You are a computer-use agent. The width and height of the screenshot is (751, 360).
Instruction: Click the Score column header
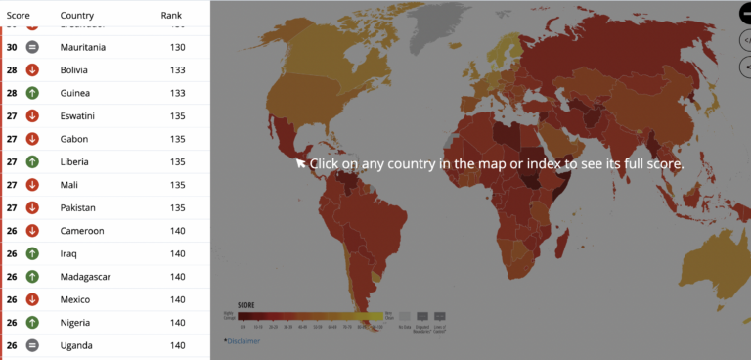18,16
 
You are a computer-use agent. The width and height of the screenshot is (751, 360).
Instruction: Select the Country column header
77,16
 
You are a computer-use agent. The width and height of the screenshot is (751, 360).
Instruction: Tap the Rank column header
171,16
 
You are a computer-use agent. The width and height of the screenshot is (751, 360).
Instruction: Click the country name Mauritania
83,47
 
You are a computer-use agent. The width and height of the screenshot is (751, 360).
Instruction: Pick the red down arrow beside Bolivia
32,69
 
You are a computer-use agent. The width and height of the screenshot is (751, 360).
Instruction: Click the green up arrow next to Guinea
32,93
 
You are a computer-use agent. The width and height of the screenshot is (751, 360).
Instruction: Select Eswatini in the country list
77,115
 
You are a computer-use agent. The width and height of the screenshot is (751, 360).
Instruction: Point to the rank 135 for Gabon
177,139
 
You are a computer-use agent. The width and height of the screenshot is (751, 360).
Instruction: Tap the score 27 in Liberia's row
12,161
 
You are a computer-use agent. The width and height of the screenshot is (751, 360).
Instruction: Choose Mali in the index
68,185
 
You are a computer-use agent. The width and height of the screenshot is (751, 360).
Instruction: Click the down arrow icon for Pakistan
32,207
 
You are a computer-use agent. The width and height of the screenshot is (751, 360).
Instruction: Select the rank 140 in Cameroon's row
177,231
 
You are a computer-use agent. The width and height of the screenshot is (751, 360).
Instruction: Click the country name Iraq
68,253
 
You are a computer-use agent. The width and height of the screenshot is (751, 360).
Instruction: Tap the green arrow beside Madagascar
32,277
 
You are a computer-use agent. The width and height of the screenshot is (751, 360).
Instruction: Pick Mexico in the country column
74,299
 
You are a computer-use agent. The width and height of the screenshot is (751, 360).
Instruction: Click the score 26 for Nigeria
12,323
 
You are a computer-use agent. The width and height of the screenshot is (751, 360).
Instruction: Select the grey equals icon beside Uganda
32,345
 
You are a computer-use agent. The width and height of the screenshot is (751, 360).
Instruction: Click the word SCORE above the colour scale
245,304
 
